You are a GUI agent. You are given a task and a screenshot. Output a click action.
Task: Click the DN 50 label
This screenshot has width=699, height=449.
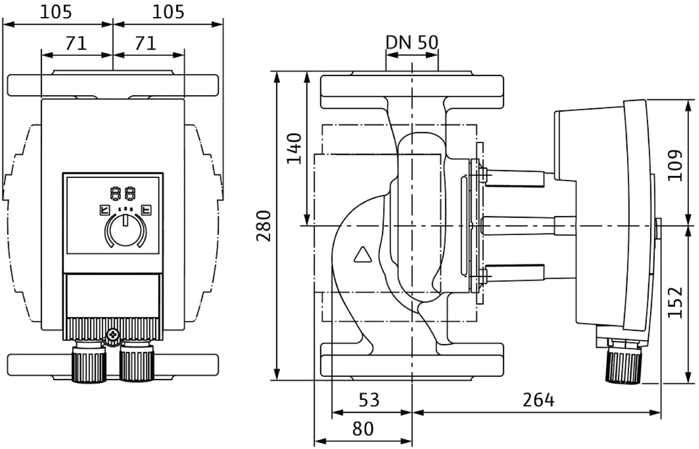point(411,43)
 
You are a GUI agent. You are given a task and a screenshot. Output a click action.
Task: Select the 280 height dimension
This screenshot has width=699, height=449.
point(264,226)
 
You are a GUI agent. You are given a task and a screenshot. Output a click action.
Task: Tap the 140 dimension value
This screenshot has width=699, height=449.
point(295,148)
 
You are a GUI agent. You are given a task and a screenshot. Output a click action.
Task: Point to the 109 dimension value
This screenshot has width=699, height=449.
point(677,165)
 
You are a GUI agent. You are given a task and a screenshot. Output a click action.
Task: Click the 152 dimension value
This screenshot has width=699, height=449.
point(677,302)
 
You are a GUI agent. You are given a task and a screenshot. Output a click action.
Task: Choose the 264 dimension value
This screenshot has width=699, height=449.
point(538,400)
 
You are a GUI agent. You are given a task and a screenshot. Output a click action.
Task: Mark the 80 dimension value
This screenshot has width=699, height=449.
point(363,429)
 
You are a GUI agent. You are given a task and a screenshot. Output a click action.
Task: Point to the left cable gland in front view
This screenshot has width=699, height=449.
point(89,363)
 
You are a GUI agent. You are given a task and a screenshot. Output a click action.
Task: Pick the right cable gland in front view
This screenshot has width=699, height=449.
point(136,363)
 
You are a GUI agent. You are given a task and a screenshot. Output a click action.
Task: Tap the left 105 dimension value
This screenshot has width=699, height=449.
point(56,12)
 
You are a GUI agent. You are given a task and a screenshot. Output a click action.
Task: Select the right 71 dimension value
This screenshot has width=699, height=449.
point(146,44)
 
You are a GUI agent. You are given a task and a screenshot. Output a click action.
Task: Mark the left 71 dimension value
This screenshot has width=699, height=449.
point(76,44)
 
